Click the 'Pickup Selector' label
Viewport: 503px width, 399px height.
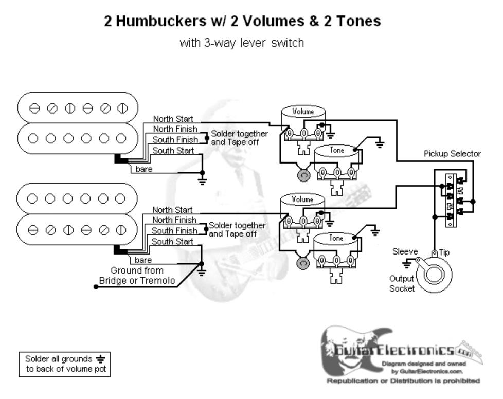[x=452, y=154]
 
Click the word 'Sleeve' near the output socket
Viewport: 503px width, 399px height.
[x=405, y=252]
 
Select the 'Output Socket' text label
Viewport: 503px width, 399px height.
[x=402, y=283]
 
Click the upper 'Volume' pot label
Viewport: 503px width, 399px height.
[x=303, y=112]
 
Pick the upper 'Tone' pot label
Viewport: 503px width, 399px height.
[x=337, y=150]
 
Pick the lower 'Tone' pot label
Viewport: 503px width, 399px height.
[x=336, y=238]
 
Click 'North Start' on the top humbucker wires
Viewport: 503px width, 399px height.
[x=173, y=119]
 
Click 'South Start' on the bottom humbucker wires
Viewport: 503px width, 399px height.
[x=173, y=241]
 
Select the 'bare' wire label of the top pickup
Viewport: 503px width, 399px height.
[x=143, y=169]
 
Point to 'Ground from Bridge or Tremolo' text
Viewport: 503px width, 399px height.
[x=137, y=276]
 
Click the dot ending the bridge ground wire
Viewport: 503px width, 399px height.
[x=96, y=286]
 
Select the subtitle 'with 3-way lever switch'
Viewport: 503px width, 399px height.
[x=241, y=43]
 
